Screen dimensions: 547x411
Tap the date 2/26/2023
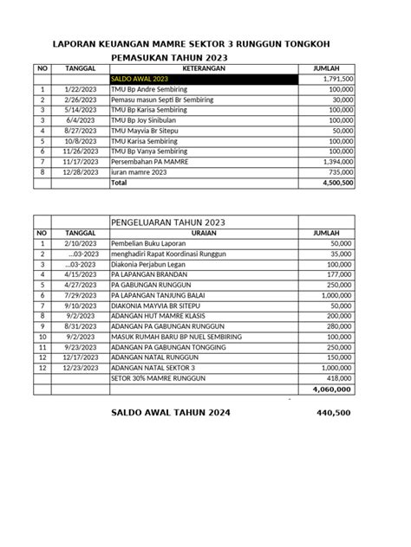click(80, 100)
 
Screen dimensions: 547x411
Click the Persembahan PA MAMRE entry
click(153, 162)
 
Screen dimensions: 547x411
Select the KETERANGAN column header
click(204, 68)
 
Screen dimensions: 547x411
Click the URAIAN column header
click(203, 233)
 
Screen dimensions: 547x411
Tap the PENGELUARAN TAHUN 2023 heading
click(168, 222)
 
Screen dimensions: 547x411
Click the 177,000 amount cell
click(334, 274)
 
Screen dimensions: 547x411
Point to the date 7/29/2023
click(80, 295)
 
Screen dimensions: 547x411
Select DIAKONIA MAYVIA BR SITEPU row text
click(159, 306)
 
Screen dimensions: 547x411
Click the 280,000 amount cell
click(334, 326)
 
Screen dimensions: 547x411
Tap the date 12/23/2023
click(80, 368)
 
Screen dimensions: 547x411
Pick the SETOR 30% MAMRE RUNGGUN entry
click(164, 378)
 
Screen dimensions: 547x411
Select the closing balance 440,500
click(334, 414)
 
